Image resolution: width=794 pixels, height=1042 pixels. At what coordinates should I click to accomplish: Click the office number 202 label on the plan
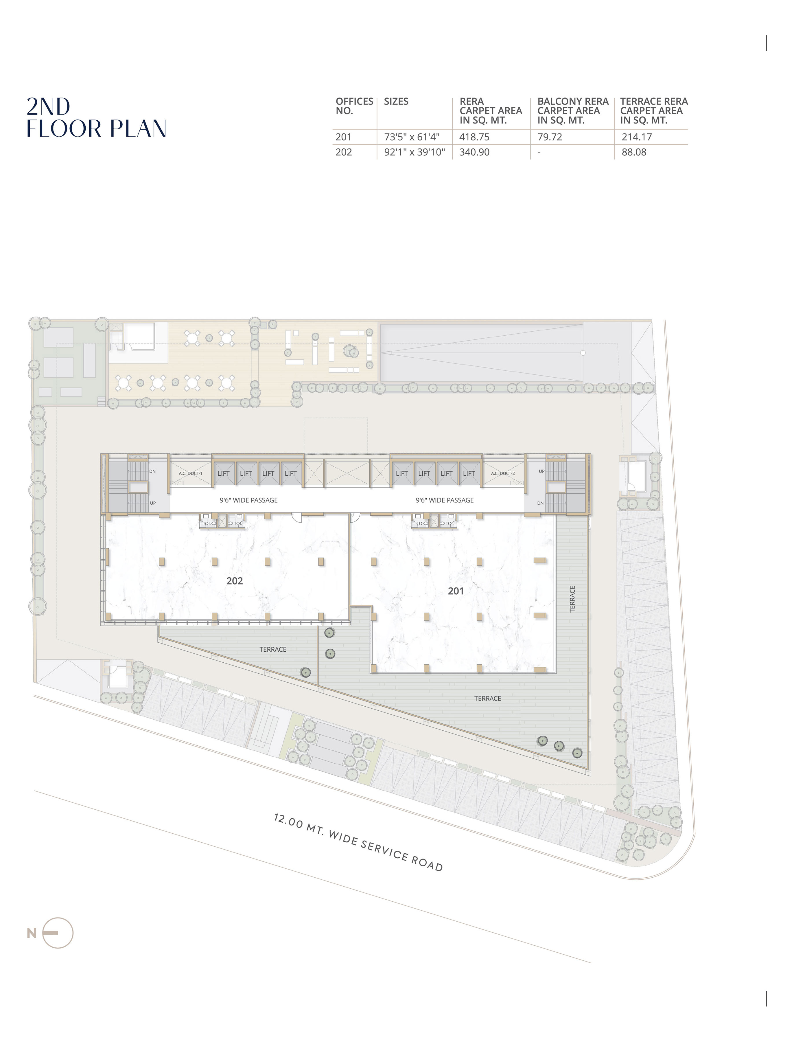pyautogui.click(x=234, y=581)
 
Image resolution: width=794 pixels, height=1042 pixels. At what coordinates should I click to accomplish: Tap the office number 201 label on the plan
pyautogui.click(x=456, y=591)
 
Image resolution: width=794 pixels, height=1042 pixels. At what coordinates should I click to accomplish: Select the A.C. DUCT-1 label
pyautogui.click(x=190, y=473)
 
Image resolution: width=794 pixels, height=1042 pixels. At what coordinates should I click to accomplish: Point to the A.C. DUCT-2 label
pyautogui.click(x=503, y=473)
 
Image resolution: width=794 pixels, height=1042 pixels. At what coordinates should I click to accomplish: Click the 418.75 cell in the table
pyautogui.click(x=474, y=137)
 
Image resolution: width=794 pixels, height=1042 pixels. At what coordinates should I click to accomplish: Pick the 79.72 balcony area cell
pyautogui.click(x=550, y=137)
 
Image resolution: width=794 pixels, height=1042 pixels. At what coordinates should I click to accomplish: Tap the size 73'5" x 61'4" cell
pyautogui.click(x=412, y=137)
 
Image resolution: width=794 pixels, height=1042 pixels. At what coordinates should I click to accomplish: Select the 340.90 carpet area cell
pyautogui.click(x=474, y=152)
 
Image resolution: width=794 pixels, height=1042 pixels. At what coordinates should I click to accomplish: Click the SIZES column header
pyautogui.click(x=396, y=101)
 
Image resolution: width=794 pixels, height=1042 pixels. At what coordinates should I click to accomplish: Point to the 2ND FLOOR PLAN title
pyautogui.click(x=96, y=118)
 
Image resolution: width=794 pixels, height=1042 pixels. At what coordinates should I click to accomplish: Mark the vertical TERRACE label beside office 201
pyautogui.click(x=572, y=599)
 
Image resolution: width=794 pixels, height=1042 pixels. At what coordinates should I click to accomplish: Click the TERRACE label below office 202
pyautogui.click(x=273, y=650)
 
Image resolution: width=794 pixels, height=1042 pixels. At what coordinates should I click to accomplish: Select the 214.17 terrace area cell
pyautogui.click(x=637, y=137)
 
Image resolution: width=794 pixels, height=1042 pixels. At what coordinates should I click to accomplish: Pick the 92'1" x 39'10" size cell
pyautogui.click(x=414, y=152)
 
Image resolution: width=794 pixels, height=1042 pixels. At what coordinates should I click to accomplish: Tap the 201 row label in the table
pyautogui.click(x=344, y=137)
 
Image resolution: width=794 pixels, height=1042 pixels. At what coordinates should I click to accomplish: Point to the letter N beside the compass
pyautogui.click(x=32, y=933)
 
